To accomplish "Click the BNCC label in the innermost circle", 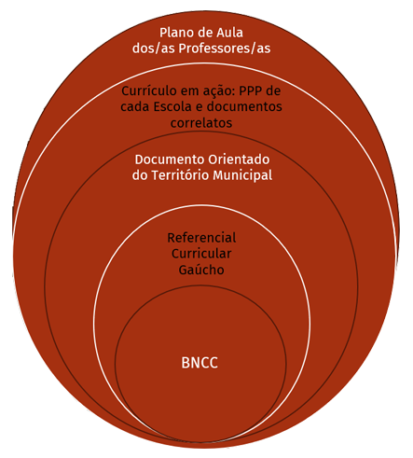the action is [x=200, y=363].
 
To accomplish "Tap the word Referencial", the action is [x=201, y=238].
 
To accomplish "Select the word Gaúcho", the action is [x=201, y=270].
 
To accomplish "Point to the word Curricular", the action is [x=201, y=254].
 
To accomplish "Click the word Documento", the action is [x=170, y=160].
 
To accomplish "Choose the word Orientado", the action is [x=239, y=160].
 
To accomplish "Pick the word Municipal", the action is [x=242, y=175].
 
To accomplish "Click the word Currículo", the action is [x=145, y=91].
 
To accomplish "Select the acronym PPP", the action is [x=251, y=91].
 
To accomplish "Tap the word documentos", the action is [x=244, y=106].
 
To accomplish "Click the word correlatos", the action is [x=201, y=123].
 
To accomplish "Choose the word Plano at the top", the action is [x=174, y=33].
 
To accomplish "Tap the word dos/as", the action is [x=154, y=49].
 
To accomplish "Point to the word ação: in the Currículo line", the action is [x=220, y=91].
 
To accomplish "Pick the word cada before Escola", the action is [x=135, y=106].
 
